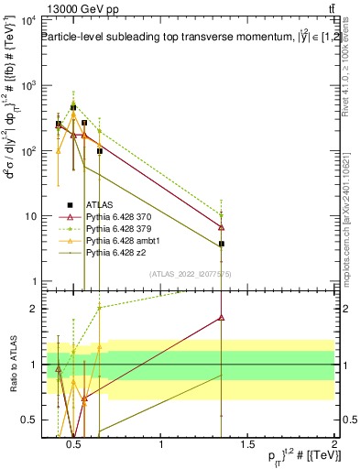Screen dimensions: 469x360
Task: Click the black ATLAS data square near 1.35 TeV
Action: coord(222,245)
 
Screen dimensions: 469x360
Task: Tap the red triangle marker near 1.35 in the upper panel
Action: coord(222,227)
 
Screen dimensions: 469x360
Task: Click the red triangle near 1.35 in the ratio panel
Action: coord(222,318)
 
